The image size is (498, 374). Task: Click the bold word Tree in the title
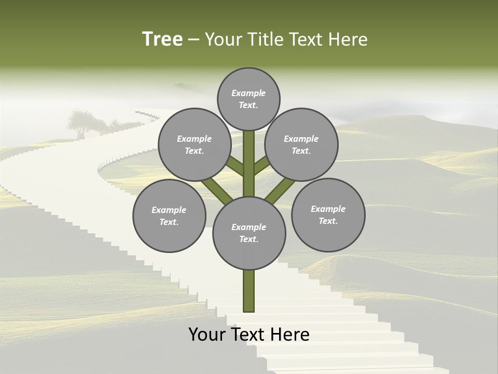[162, 39]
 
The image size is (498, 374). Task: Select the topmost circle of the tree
[248, 99]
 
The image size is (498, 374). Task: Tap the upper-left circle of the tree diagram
[195, 144]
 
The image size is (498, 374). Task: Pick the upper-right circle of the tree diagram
[301, 144]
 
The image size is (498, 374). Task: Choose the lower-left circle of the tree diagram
[169, 216]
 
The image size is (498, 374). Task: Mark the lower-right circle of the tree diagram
[328, 215]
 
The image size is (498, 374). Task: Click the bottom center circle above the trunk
[249, 233]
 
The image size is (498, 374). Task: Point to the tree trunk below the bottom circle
[249, 291]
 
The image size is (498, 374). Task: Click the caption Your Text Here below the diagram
[249, 335]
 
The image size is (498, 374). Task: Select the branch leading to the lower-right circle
[280, 189]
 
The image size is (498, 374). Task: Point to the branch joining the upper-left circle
[236, 167]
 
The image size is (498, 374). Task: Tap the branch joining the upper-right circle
[261, 166]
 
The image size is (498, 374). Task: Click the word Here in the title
[350, 39]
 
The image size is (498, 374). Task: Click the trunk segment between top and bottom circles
[249, 164]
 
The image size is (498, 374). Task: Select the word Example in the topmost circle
[248, 93]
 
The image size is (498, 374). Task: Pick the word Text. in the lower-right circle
[328, 221]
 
